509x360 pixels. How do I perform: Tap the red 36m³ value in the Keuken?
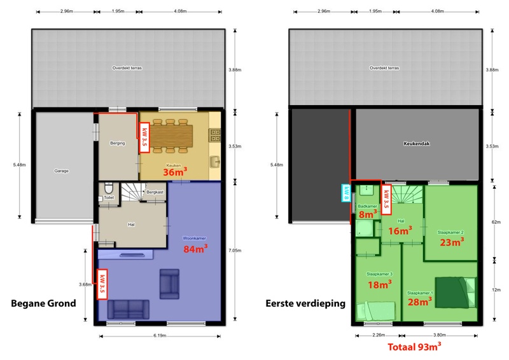coord(173,172)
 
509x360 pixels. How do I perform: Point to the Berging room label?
coord(117,144)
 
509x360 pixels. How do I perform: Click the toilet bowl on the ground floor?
coord(109,188)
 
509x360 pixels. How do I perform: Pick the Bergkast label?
coord(155,191)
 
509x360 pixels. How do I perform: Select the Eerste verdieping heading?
coord(305,303)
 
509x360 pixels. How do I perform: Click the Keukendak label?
coord(417,144)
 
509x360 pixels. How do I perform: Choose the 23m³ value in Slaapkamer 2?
coord(450,241)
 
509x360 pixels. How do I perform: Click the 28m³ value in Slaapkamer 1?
coord(421,301)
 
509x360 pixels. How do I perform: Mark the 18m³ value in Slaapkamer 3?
coord(380,284)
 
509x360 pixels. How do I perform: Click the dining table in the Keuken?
coord(172,135)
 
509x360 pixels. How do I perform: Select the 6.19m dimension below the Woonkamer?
coord(160,335)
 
